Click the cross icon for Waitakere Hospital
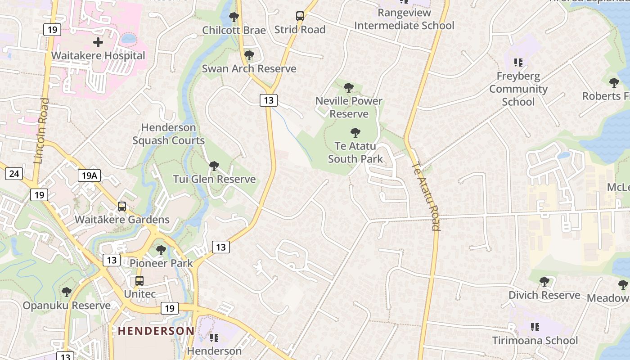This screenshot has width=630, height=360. (x=98, y=43)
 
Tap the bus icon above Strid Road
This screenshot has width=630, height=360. (x=300, y=17)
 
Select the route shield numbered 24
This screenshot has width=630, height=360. (x=14, y=173)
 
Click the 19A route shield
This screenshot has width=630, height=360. (x=89, y=175)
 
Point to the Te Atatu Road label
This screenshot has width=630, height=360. (x=425, y=196)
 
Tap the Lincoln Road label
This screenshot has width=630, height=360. (x=42, y=130)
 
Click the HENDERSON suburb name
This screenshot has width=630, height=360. (x=156, y=331)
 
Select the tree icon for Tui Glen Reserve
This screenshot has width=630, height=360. (x=214, y=166)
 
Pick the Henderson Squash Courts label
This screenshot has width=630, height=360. (x=169, y=134)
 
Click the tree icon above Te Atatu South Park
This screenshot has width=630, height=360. (x=355, y=133)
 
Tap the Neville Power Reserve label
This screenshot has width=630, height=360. (x=349, y=107)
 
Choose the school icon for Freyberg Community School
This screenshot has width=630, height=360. (x=518, y=63)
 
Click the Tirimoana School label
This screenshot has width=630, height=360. (x=535, y=340)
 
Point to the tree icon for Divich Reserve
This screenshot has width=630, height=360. (x=544, y=282)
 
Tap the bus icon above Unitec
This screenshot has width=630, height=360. (x=139, y=281)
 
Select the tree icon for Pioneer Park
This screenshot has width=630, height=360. (x=161, y=250)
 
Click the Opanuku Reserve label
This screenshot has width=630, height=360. (x=67, y=306)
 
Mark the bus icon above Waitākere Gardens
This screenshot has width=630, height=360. (x=122, y=207)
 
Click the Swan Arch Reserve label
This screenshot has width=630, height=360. (x=249, y=69)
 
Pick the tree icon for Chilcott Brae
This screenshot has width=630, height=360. (x=234, y=17)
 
